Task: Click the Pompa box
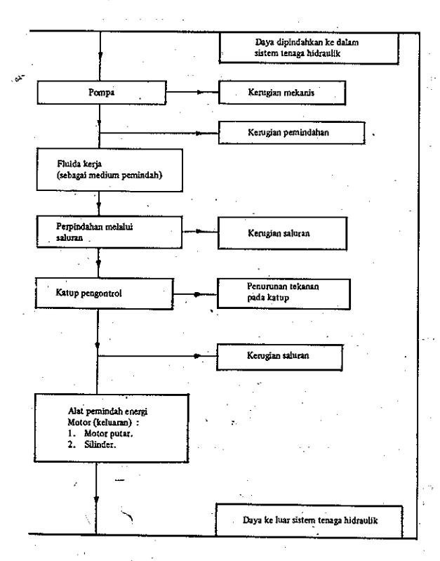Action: [x=102, y=93]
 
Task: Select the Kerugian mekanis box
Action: [x=282, y=93]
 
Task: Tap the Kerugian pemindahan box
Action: [x=291, y=133]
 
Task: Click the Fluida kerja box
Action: [x=109, y=170]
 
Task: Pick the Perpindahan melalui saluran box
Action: [x=109, y=232]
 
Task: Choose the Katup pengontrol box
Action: [x=104, y=293]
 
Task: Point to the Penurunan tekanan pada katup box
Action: [x=284, y=293]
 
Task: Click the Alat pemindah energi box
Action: [x=112, y=428]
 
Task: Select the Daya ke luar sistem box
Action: [x=309, y=520]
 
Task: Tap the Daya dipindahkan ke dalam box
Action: [x=309, y=48]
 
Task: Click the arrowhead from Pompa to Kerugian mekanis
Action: [x=200, y=92]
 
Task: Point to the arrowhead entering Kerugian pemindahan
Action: [x=199, y=133]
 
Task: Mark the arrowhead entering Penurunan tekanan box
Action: [x=197, y=294]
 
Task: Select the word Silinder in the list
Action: [x=100, y=444]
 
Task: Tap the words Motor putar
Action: [x=108, y=434]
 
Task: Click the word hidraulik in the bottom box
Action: [x=361, y=520]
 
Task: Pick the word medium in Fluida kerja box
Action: [x=104, y=176]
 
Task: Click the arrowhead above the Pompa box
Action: [x=100, y=56]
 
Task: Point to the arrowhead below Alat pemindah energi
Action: [x=96, y=500]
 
